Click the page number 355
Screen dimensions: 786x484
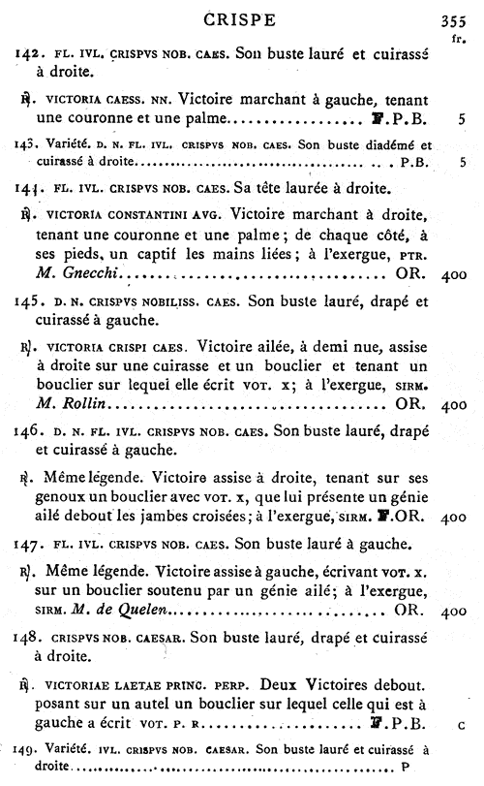pos(452,20)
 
